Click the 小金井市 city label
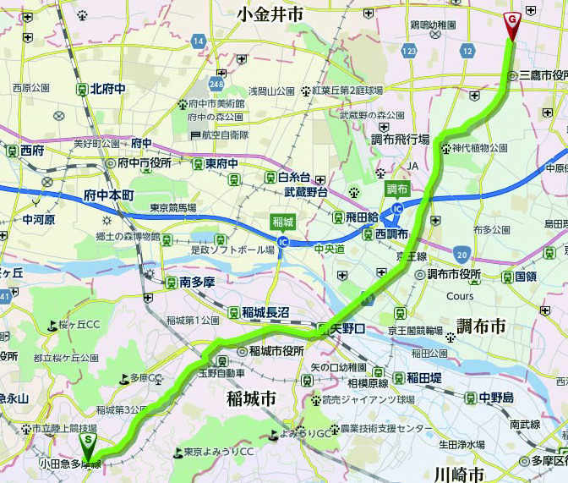(x=270, y=14)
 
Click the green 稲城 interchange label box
(x=282, y=222)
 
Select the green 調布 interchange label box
(x=397, y=189)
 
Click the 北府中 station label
(x=107, y=88)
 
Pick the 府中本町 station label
(x=109, y=195)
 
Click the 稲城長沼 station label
(x=265, y=312)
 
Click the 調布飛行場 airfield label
(x=400, y=139)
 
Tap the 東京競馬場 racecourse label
(x=172, y=208)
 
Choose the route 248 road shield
(x=218, y=85)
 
